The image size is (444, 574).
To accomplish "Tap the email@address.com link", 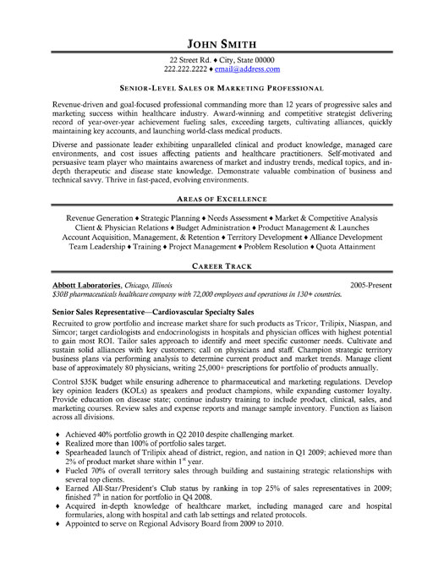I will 249,69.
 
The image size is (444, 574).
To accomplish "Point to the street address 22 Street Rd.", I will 192,60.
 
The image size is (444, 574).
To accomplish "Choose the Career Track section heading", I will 222,265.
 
